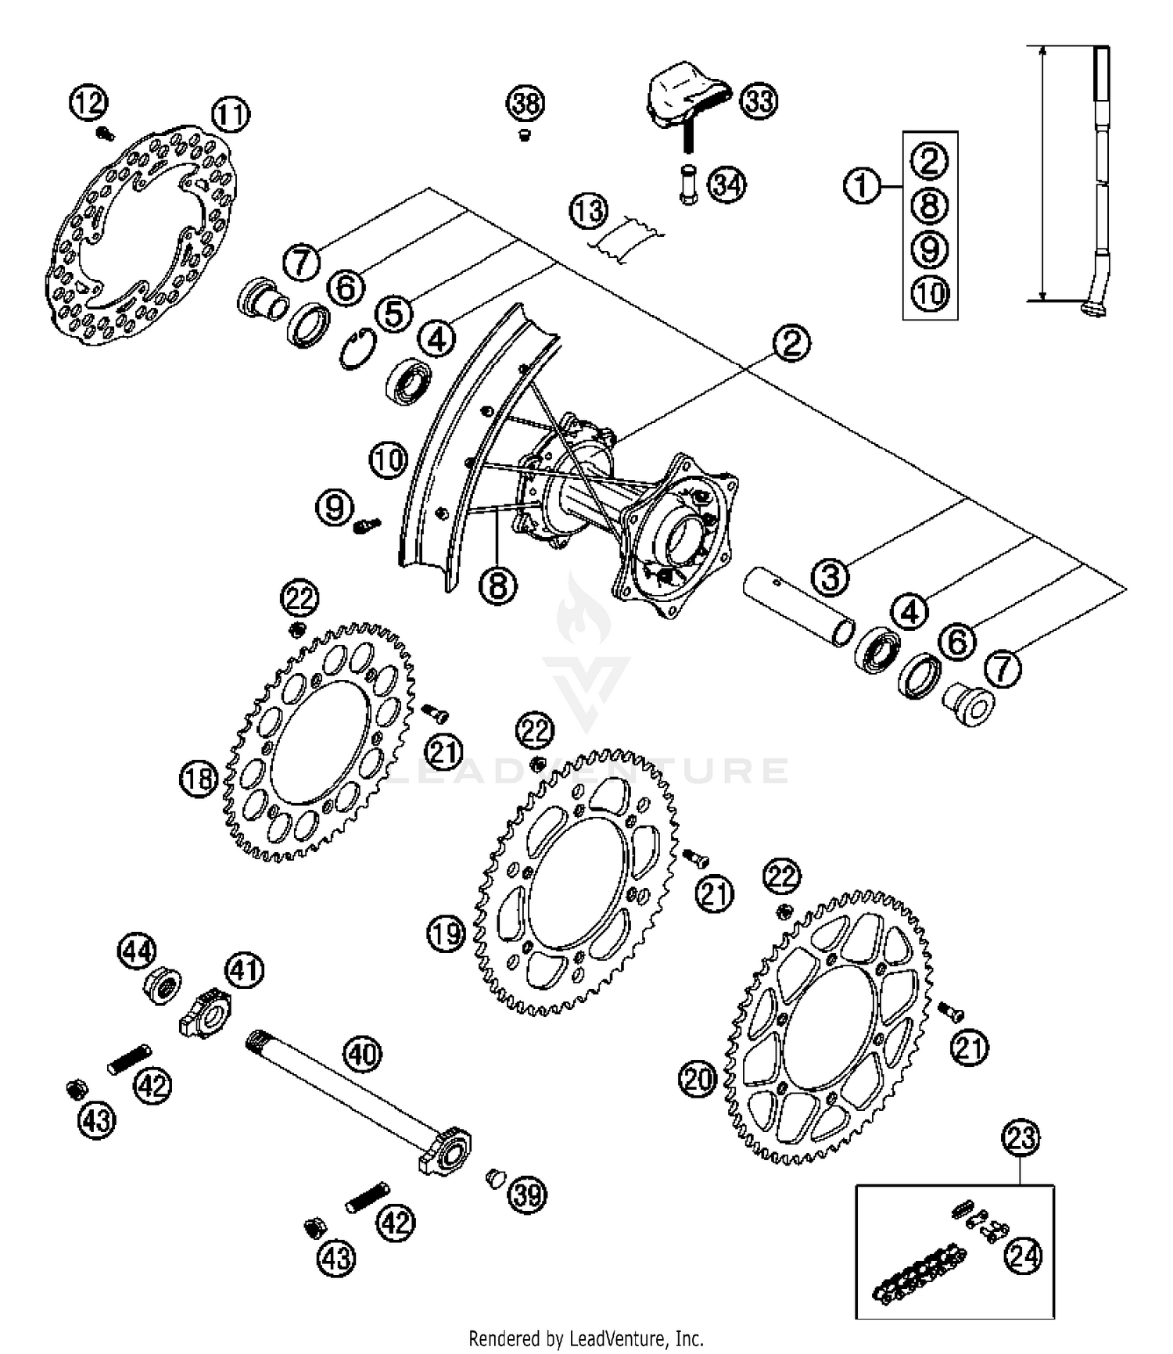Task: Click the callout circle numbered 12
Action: pyautogui.click(x=88, y=102)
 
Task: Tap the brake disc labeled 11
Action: pyautogui.click(x=141, y=235)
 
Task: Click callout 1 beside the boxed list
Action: pyautogui.click(x=862, y=186)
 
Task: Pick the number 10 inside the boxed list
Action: pyautogui.click(x=930, y=295)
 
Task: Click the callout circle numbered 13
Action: pyautogui.click(x=588, y=211)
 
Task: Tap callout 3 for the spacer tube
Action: pyautogui.click(x=830, y=577)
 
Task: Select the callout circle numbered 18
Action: pyautogui.click(x=199, y=779)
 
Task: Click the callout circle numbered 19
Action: pyautogui.click(x=447, y=933)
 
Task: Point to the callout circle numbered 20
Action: pyautogui.click(x=698, y=1080)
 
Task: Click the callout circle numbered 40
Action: pyautogui.click(x=362, y=1054)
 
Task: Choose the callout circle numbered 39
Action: pyautogui.click(x=527, y=1194)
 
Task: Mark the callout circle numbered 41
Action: pyautogui.click(x=245, y=970)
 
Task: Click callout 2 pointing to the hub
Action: pyautogui.click(x=791, y=342)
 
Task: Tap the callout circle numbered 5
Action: pyautogui.click(x=393, y=314)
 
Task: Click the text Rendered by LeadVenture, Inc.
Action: pyautogui.click(x=586, y=1338)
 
